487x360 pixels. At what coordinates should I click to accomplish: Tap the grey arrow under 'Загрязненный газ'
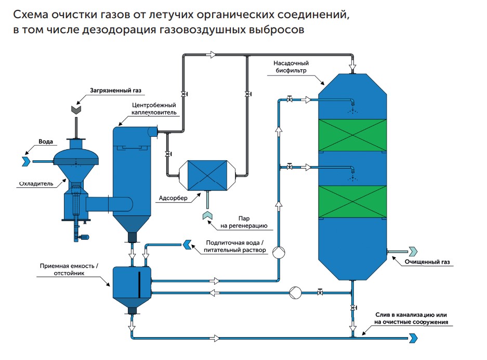click(x=76, y=109)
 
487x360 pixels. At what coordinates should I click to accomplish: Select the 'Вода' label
click(x=46, y=141)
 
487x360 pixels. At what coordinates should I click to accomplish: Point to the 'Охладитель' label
click(x=36, y=183)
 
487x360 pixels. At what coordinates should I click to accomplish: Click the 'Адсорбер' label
click(x=170, y=198)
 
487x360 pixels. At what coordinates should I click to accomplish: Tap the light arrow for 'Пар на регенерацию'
click(x=206, y=214)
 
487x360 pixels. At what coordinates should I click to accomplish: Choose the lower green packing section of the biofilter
click(x=352, y=201)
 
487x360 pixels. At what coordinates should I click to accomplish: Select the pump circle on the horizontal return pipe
click(x=296, y=292)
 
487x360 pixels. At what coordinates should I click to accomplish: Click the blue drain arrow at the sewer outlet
click(x=414, y=338)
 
